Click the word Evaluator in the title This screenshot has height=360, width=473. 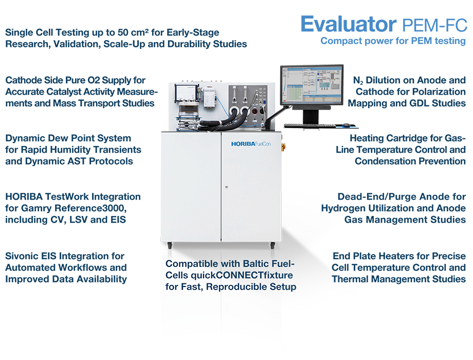(349, 24)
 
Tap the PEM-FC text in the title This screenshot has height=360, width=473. (434, 25)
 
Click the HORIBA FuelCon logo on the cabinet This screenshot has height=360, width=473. (251, 144)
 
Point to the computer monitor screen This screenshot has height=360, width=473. (312, 85)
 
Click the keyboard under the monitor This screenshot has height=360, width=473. (309, 125)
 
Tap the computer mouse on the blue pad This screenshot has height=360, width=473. (346, 124)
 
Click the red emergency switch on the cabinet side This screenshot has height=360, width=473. (283, 147)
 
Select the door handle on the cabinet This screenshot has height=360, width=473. (226, 187)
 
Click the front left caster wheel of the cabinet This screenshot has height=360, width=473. (170, 245)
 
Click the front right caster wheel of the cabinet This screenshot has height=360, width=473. (272, 245)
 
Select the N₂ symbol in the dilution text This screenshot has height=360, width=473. (358, 81)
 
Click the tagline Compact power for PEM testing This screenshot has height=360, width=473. (393, 41)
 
